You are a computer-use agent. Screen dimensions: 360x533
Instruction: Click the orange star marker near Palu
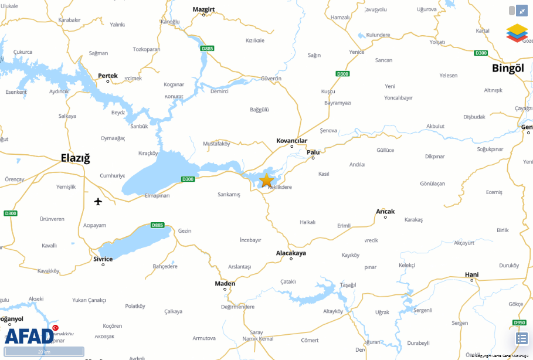click(267, 180)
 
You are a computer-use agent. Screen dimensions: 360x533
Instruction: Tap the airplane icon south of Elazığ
click(98, 202)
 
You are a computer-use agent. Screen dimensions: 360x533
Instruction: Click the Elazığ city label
click(76, 158)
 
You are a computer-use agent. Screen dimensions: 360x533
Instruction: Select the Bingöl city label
click(507, 68)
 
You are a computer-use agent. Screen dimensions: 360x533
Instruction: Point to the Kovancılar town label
click(291, 141)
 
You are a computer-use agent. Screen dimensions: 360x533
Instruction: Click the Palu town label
click(314, 152)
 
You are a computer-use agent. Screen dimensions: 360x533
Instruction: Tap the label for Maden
click(225, 284)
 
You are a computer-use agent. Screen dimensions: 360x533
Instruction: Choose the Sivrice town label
click(103, 259)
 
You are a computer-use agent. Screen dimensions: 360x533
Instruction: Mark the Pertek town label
click(108, 76)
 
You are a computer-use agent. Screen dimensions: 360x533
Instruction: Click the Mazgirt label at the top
click(204, 9)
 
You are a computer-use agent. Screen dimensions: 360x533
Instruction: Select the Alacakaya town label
click(291, 253)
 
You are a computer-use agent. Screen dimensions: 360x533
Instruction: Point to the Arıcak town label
click(385, 211)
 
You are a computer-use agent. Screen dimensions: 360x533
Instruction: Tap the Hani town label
click(471, 274)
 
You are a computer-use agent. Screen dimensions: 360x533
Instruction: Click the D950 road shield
click(519, 322)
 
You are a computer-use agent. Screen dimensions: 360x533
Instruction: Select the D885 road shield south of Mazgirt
click(207, 49)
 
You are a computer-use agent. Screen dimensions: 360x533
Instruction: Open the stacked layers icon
click(517, 33)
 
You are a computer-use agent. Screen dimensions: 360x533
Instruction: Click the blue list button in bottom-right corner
click(522, 338)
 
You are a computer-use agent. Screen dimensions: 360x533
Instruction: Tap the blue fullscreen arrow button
click(522, 11)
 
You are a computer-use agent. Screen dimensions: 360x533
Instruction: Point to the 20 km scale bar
click(44, 352)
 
